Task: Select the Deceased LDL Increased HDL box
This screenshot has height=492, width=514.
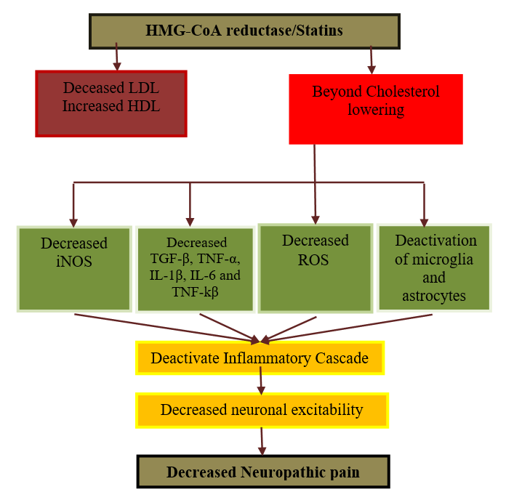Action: (x=111, y=103)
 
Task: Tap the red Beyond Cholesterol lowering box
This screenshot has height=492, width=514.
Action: (x=375, y=108)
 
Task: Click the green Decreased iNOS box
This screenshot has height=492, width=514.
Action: (x=74, y=269)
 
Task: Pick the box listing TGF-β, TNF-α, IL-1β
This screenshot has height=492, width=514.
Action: (x=194, y=270)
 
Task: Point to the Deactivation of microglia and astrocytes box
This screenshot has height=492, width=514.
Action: (x=435, y=267)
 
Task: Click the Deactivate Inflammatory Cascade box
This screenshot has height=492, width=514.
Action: (x=260, y=358)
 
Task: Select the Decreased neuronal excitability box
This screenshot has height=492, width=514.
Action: (x=262, y=410)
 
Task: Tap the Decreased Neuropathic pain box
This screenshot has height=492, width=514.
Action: (x=263, y=472)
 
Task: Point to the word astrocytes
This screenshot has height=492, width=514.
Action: (x=435, y=296)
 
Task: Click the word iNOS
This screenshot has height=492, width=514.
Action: (x=74, y=261)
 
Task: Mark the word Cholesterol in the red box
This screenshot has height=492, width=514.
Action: (x=403, y=92)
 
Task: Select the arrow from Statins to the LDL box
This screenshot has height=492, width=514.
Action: (x=116, y=57)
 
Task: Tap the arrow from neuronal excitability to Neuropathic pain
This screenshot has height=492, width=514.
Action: (x=262, y=440)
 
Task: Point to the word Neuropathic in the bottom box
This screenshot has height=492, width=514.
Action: (x=279, y=472)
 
